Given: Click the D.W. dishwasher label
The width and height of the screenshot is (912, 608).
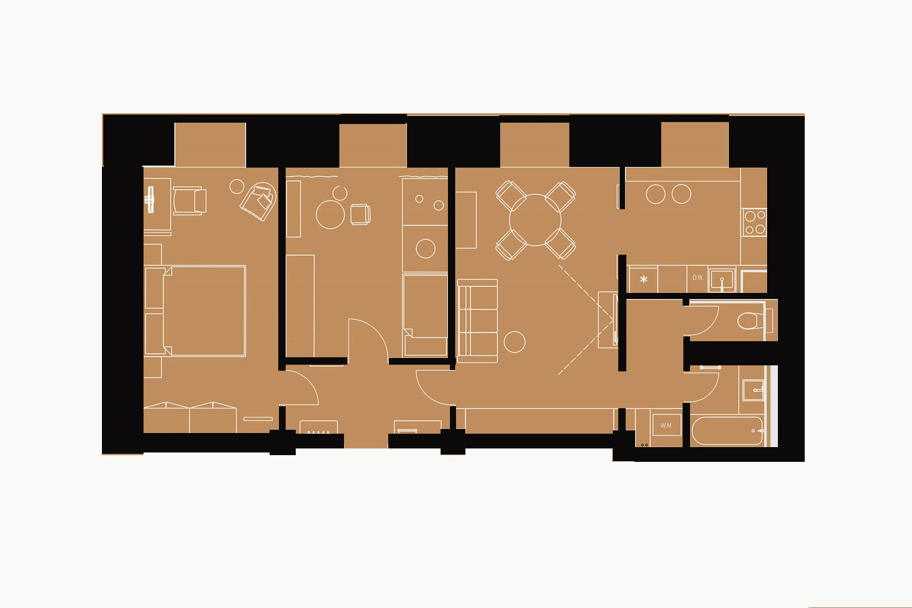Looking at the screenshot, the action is [698, 278].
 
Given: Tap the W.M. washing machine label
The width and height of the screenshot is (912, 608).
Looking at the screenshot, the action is [667, 426].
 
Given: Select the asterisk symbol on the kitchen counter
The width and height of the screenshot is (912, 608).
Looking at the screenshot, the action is [644, 280].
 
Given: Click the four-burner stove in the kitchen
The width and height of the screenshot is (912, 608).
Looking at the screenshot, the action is [754, 222].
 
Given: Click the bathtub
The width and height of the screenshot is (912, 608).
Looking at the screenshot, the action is [727, 431].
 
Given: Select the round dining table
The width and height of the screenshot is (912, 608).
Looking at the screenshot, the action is [535, 220].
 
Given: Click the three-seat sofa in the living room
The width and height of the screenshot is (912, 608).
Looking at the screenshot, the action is [477, 320].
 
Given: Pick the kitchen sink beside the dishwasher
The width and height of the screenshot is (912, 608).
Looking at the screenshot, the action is [722, 280].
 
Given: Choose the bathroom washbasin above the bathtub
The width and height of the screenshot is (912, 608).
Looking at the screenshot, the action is [753, 390].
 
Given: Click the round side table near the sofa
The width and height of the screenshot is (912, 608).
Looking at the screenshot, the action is [514, 342].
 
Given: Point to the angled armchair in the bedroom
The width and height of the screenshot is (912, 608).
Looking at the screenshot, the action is [258, 201].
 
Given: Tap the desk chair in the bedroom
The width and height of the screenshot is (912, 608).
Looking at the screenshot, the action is [190, 200].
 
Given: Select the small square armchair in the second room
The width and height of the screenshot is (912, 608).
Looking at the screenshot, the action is [361, 214].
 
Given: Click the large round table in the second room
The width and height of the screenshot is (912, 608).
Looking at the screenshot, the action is [330, 215].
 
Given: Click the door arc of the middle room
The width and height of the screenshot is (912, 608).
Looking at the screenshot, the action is [376, 329].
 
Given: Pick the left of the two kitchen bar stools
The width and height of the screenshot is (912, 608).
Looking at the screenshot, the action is [656, 194].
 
